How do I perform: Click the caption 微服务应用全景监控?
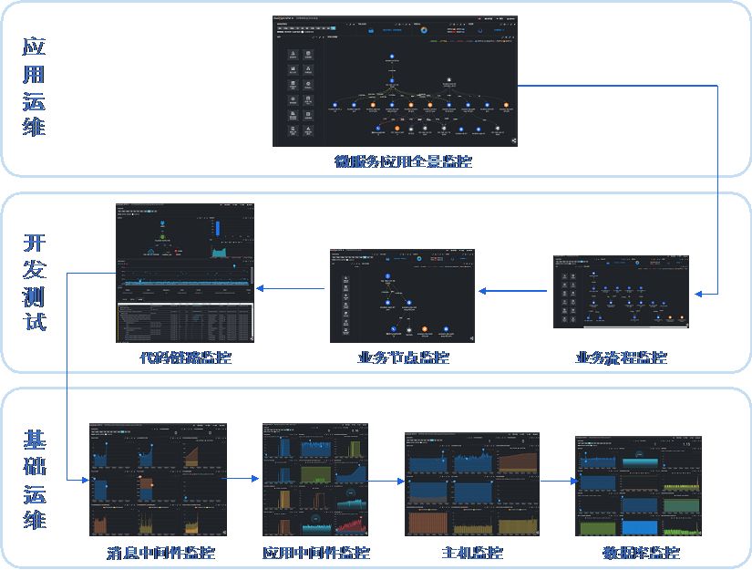tap(403, 162)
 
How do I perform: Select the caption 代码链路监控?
tap(186, 358)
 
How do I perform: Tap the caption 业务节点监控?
tap(403, 358)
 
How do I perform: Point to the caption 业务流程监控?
tap(621, 358)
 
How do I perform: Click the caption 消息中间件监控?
tap(160, 553)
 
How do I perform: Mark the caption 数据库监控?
tap(628, 553)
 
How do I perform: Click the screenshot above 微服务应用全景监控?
tap(395, 81)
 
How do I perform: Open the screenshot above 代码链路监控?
tap(185, 273)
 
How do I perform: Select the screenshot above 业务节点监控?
tap(402, 295)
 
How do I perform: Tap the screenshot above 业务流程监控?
tap(621, 292)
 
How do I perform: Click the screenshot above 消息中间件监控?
tap(159, 480)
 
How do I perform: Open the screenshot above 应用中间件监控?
tap(315, 480)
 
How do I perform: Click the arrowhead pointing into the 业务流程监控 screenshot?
tap(699, 294)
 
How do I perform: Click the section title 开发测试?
tap(34, 283)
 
